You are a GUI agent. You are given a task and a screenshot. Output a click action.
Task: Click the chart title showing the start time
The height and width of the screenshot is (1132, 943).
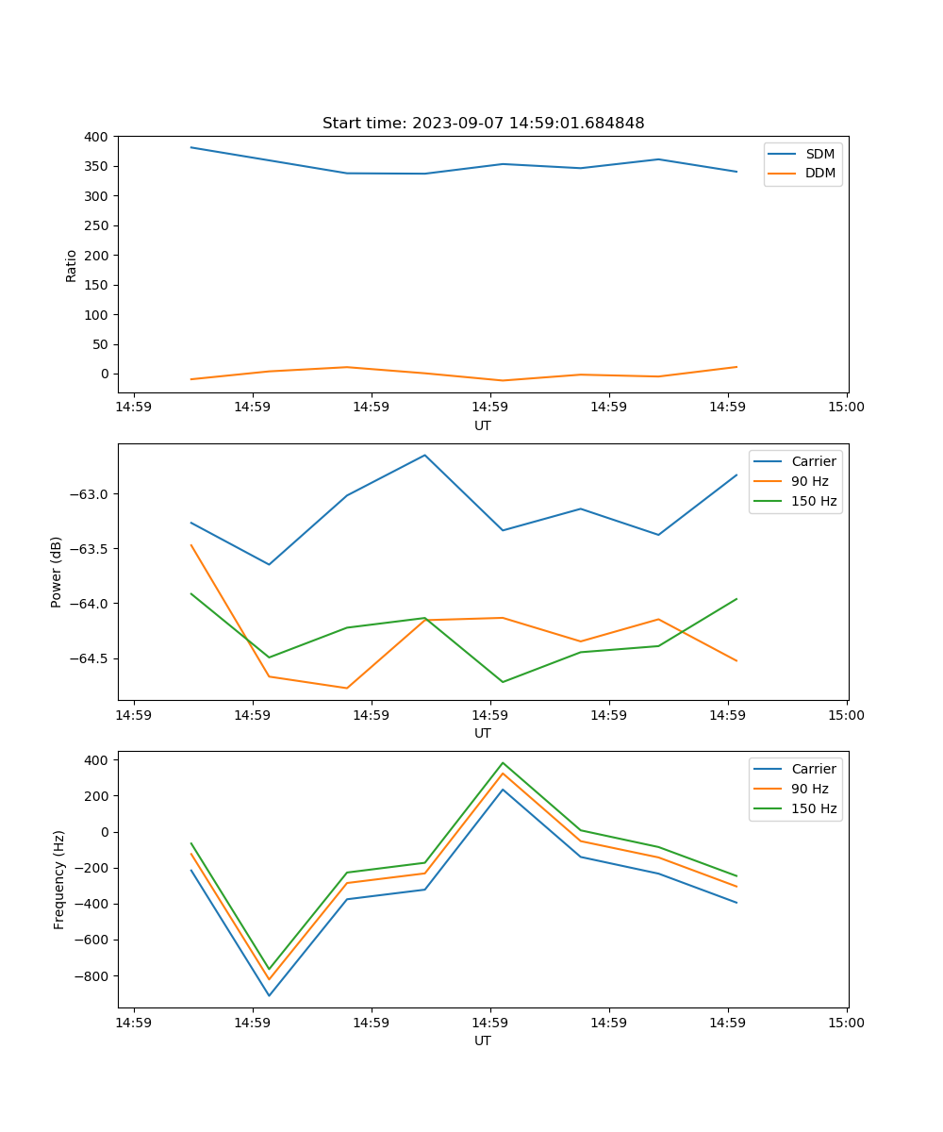(x=483, y=124)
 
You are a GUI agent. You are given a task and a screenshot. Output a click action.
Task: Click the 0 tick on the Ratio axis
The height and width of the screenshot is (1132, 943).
(x=105, y=374)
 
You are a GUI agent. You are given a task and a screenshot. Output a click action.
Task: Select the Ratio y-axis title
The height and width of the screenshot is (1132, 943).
(x=72, y=265)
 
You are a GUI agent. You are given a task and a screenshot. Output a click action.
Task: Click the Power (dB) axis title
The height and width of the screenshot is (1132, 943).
(x=57, y=572)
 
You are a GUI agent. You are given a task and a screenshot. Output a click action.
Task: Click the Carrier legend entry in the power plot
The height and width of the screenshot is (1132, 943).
(x=813, y=461)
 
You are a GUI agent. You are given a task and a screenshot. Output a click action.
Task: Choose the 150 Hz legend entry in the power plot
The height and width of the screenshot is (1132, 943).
(x=813, y=501)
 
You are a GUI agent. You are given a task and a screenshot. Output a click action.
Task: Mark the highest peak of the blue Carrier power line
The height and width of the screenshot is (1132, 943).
(x=424, y=455)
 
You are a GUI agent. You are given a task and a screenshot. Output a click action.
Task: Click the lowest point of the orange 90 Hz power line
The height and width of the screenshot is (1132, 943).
(x=347, y=688)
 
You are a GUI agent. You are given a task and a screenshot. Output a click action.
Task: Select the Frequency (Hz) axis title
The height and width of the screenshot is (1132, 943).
(x=59, y=879)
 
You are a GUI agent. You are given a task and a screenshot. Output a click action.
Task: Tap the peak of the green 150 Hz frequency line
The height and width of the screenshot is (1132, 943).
(x=503, y=762)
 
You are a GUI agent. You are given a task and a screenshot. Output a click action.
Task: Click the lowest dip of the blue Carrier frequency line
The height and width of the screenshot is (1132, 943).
(x=269, y=995)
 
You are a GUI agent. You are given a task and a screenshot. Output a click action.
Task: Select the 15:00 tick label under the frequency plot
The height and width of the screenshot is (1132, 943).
(x=846, y=1023)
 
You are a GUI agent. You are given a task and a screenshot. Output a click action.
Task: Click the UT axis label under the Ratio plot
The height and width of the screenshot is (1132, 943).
(x=483, y=425)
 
